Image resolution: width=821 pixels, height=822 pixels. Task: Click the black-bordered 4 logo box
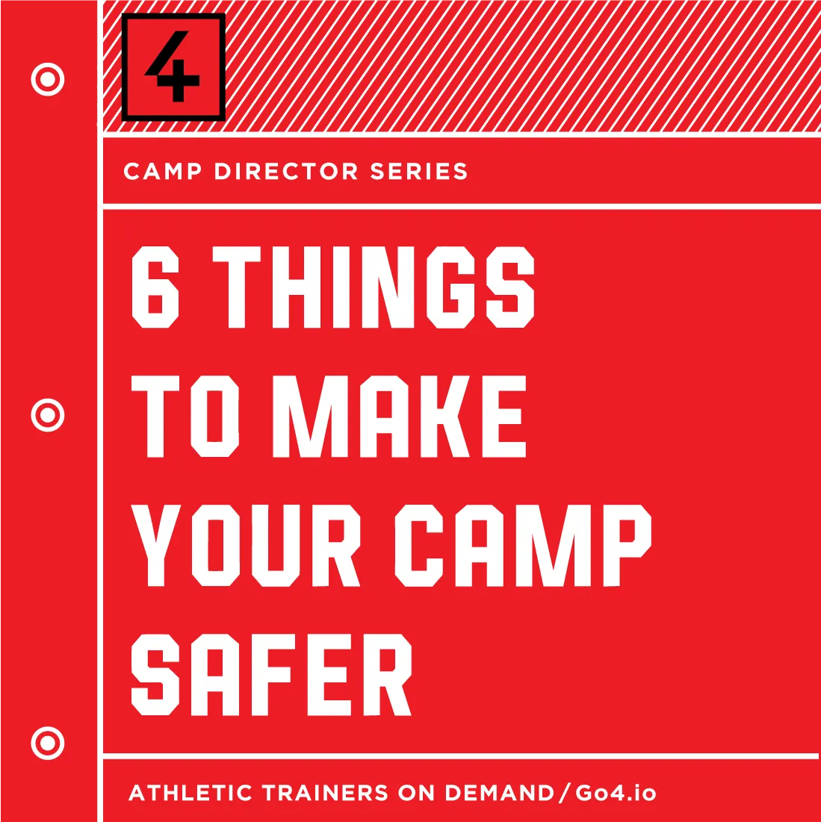tap(173, 67)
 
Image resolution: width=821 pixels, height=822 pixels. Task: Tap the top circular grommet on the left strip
tap(48, 79)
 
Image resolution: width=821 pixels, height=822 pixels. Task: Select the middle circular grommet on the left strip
tap(48, 415)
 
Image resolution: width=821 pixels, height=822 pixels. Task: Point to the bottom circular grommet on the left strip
tap(48, 743)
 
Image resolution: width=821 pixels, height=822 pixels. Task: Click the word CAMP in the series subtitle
tap(163, 172)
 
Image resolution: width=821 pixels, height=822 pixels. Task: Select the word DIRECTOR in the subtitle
tap(286, 172)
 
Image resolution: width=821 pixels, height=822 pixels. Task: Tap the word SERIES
tap(419, 172)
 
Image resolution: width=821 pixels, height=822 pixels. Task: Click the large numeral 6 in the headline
tap(155, 287)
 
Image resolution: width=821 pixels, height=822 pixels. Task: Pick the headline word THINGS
tap(374, 287)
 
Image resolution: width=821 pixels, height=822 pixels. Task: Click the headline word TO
tap(185, 417)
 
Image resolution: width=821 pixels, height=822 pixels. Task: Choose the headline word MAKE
tap(400, 417)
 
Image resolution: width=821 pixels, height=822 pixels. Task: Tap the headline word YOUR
tap(246, 546)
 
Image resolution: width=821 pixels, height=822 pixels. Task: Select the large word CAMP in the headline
tap(524, 546)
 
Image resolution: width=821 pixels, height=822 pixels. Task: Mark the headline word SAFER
tap(271, 675)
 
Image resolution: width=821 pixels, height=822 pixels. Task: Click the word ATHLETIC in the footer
tap(190, 793)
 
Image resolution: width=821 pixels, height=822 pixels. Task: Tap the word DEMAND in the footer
tap(500, 793)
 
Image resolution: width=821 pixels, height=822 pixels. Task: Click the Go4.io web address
tap(616, 793)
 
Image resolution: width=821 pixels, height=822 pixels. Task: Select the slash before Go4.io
tap(565, 793)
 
